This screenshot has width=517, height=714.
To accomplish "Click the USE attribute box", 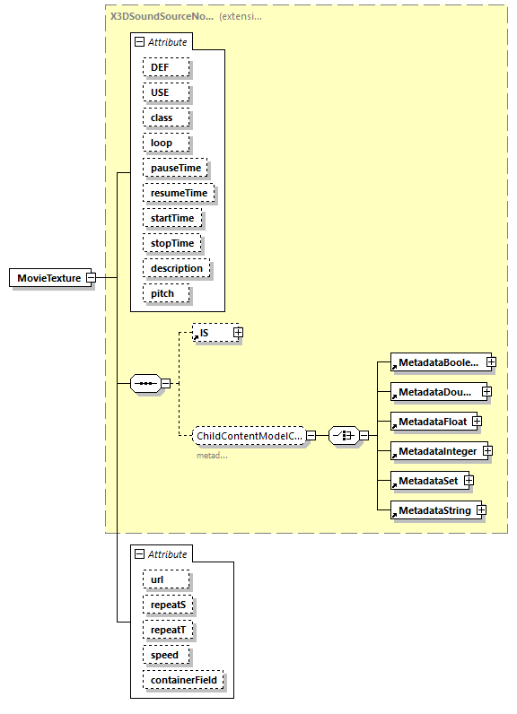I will pos(159,92).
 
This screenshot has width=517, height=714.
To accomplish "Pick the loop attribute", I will pos(161,143).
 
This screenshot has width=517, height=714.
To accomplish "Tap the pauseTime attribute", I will pos(175,168).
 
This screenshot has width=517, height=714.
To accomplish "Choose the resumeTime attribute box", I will pos(179,193).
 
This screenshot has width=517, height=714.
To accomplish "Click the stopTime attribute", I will pos(171,243).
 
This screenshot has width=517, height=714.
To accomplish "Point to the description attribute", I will pos(177,268).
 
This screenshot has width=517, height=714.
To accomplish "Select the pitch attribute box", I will pos(162,293).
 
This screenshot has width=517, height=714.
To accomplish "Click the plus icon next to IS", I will pos(238,333).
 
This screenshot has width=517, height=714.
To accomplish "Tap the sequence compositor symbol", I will pos(145,384).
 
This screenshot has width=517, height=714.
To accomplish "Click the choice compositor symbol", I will pos(343,435).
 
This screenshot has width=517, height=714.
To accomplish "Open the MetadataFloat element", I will pos(432,421).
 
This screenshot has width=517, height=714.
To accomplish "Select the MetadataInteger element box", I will pos(437,451).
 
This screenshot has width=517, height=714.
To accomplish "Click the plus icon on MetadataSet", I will pos(469,481).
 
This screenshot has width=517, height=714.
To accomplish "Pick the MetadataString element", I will pos(434,510).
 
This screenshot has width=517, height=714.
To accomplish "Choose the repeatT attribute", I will pos(169,630).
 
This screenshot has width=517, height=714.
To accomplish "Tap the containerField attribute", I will pos(183,680).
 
